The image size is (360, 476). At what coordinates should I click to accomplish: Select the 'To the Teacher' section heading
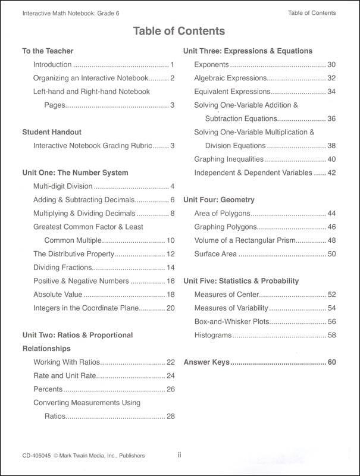[48, 51]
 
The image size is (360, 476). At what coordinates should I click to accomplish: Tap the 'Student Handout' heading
[52, 131]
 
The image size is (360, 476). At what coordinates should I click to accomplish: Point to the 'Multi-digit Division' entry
[63, 186]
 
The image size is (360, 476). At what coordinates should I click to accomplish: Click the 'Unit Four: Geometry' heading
[219, 200]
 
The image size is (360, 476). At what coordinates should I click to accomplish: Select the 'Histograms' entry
[212, 336]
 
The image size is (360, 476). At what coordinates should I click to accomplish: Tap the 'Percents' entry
[48, 389]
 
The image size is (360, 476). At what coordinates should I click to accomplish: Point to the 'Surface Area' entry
[215, 254]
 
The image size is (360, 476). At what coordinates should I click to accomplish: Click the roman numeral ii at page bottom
[179, 456]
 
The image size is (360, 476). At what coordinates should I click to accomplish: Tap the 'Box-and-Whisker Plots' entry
[231, 321]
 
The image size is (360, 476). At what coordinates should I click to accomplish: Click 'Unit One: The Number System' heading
[74, 173]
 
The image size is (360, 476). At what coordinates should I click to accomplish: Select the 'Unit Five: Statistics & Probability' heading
[241, 281]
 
